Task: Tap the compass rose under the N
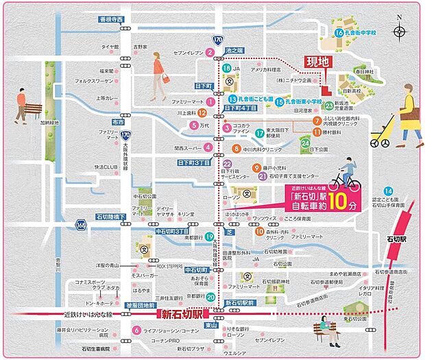pyautogui.click(x=400, y=31)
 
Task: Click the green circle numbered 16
pyautogui.click(x=339, y=33)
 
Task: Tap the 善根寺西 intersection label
pyautogui.click(x=111, y=20)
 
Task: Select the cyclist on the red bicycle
pyautogui.click(x=346, y=177)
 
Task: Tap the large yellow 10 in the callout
pyautogui.click(x=337, y=202)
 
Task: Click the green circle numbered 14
pyautogui.click(x=389, y=191)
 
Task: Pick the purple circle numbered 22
pyautogui.click(x=227, y=165)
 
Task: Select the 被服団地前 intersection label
pyautogui.click(x=127, y=304)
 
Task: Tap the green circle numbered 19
pyautogui.click(x=209, y=237)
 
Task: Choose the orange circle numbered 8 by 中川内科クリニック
pyautogui.click(x=235, y=148)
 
